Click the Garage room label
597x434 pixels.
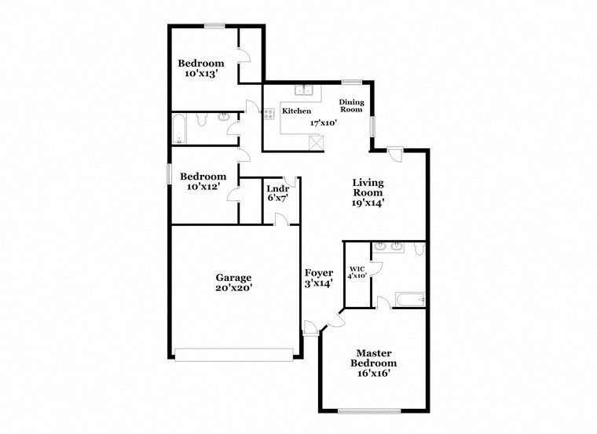234,277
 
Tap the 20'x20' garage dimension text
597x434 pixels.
234,288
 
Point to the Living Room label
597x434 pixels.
368,187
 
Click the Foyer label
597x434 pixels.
319,272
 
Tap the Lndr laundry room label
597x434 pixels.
277,188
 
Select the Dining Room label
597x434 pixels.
350,106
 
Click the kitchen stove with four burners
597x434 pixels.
268,113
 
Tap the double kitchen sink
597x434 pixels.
305,90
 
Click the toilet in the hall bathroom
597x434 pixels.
202,119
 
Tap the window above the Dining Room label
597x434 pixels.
351,82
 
